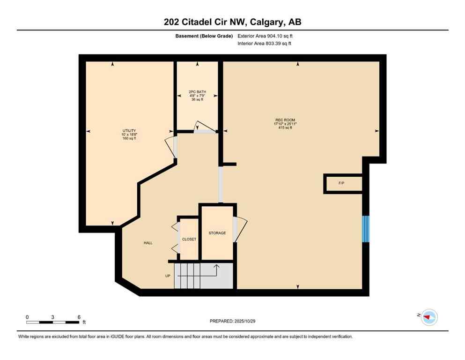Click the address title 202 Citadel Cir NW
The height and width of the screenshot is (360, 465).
[232, 22]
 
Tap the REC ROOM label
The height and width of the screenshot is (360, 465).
[285, 120]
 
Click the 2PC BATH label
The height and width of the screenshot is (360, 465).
[197, 92]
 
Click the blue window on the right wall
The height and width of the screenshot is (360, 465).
[366, 229]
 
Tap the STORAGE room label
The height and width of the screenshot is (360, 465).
[217, 233]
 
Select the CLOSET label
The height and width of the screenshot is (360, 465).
[189, 239]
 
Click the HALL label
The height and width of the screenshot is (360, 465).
[148, 243]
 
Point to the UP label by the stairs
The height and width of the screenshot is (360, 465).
[168, 276]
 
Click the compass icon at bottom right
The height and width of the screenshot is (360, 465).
[428, 317]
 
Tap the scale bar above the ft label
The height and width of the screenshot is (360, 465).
[52, 322]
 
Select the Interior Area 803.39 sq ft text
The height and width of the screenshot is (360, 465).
[265, 44]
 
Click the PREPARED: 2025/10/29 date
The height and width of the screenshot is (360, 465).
[232, 321]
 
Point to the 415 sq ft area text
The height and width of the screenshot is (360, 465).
[285, 128]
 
